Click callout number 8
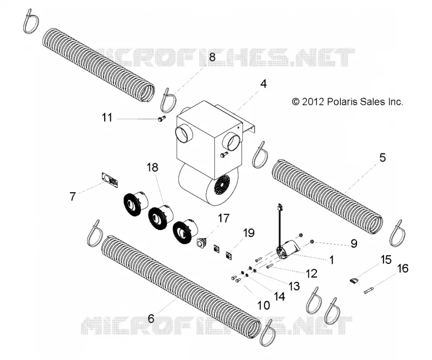pos(212,58)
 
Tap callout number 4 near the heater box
pos(264,84)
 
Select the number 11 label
pos(107,118)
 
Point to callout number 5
pos(382,158)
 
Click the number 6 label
pos(151,318)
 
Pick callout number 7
pos(72,196)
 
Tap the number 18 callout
pos(153,167)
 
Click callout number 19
pos(249,233)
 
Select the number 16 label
pos(403,269)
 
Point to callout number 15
pos(386,260)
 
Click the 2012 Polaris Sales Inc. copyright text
pos(347,102)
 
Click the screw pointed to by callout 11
pos(160,119)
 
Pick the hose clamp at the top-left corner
pos(30,21)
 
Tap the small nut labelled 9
pos(312,242)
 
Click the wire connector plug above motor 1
pos(280,206)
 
